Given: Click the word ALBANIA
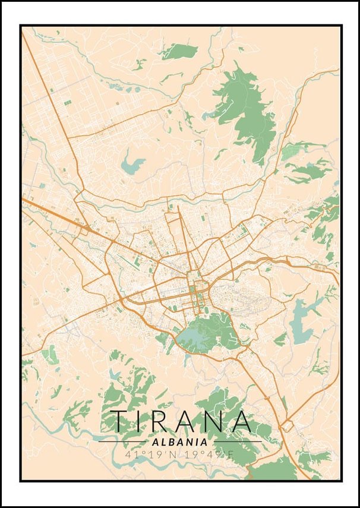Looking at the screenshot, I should [x=180, y=442].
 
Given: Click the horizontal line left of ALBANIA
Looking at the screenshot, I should [x=122, y=442].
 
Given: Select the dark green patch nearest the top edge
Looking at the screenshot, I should [x=178, y=51].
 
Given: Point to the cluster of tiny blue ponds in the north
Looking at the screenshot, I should [x=116, y=86].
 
